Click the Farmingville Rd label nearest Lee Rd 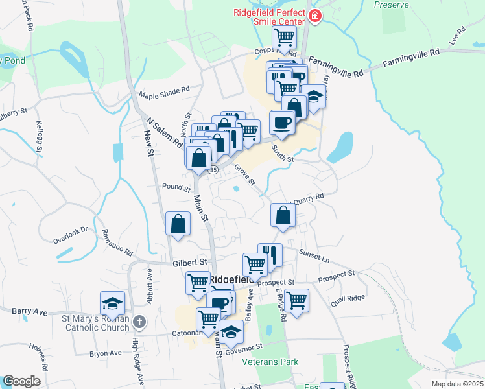pos(411,56)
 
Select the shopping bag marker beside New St pos(178,224)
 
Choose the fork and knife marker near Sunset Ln pos(270,254)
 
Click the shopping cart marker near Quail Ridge pos(296,300)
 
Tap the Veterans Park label pos(270,362)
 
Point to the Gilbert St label pos(189,262)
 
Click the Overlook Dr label pos(70,234)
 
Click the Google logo pos(21,381)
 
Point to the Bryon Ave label pos(106,353)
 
